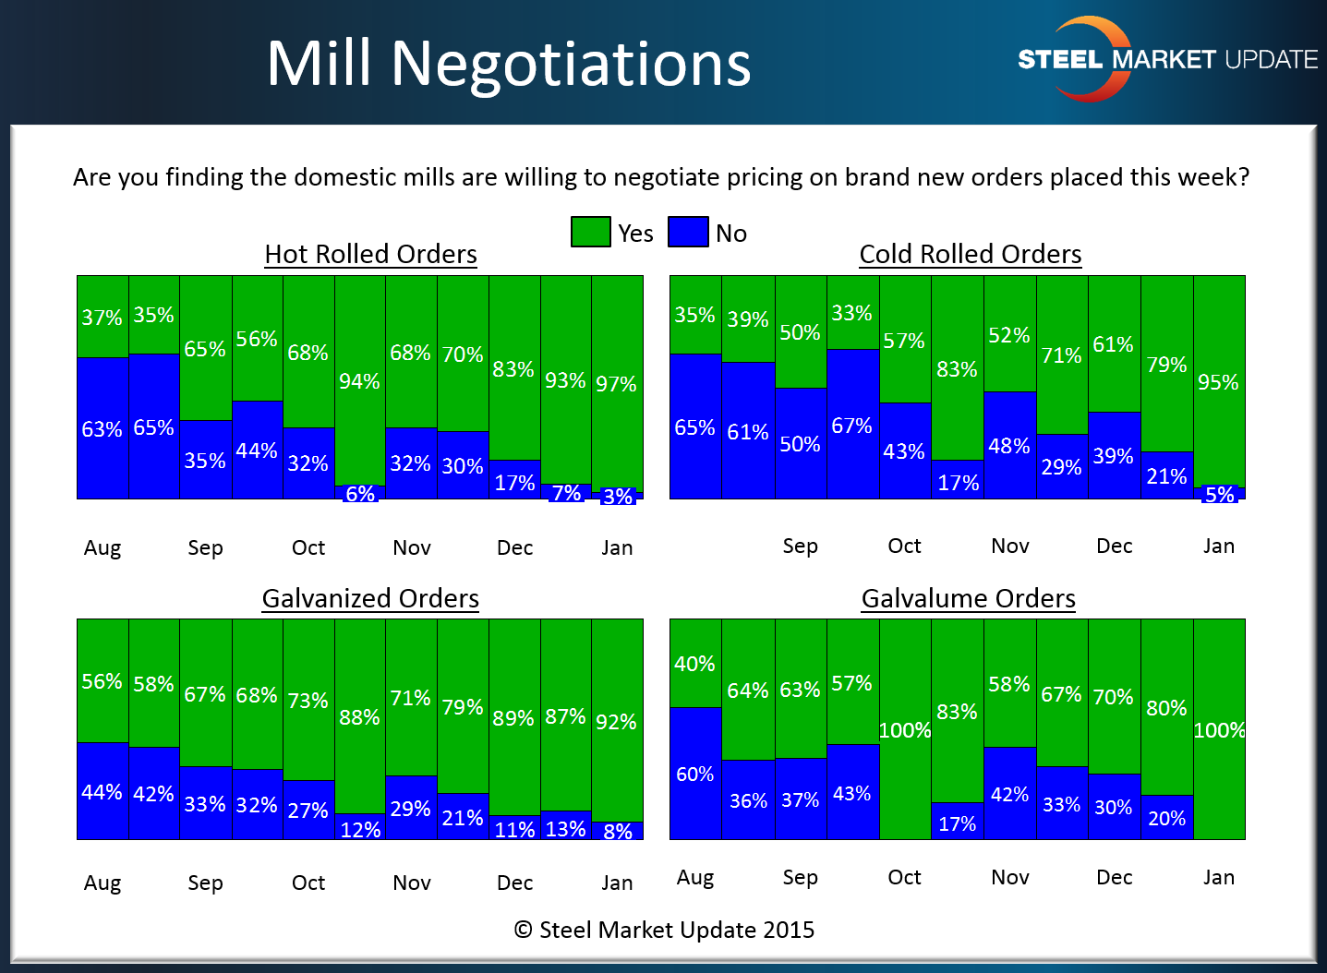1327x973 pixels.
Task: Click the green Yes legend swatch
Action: [x=590, y=232]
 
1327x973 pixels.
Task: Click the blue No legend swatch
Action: [x=687, y=232]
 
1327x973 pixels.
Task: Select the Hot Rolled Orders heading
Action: [x=370, y=254]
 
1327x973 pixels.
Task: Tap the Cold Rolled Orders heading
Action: [x=970, y=254]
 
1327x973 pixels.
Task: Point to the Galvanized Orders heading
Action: [x=370, y=598]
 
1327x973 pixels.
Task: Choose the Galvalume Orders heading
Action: [x=968, y=598]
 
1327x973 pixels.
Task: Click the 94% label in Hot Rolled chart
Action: [x=359, y=381]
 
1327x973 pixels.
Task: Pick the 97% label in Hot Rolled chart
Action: [x=616, y=384]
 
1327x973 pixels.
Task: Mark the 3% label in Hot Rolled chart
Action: [x=618, y=497]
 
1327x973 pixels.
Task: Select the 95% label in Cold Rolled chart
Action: [x=1218, y=382]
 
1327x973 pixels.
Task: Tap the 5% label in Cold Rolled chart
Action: [x=1219, y=495]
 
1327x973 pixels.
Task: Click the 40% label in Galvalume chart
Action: [x=694, y=664]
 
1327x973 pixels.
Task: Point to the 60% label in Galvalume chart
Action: [x=694, y=774]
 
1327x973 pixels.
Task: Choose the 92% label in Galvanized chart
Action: [x=616, y=722]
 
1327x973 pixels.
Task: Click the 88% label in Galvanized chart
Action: [x=359, y=717]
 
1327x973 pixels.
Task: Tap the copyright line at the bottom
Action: [x=664, y=930]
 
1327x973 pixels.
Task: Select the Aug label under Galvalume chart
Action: [x=694, y=877]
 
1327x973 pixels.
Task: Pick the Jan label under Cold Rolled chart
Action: [x=1218, y=546]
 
